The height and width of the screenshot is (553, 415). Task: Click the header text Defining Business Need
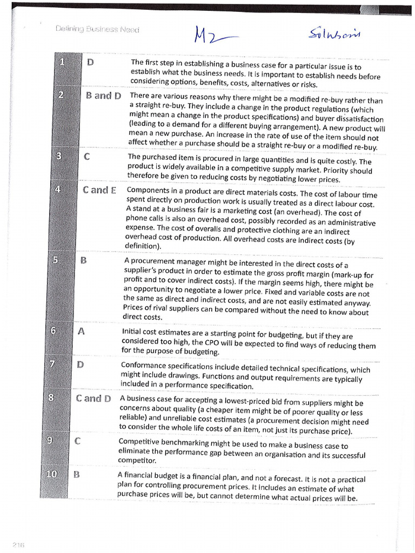(97, 29)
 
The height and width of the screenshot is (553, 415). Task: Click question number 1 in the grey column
(62, 62)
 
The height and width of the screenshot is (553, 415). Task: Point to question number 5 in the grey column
(56, 260)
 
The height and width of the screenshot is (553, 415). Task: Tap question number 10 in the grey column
(51, 474)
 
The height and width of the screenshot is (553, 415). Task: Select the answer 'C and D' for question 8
(93, 399)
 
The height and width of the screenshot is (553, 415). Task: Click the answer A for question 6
(82, 332)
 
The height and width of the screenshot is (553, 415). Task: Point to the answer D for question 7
(80, 364)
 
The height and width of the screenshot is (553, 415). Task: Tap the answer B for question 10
(76, 475)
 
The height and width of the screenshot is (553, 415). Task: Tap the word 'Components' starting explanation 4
(149, 190)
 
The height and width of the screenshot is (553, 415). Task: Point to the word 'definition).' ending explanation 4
(143, 246)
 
